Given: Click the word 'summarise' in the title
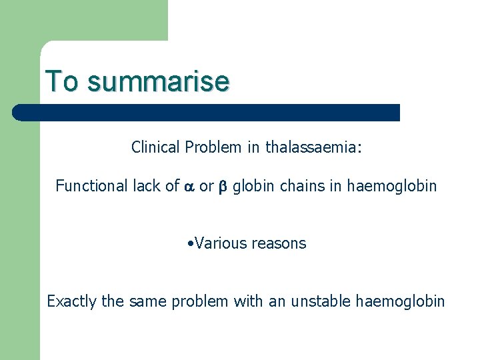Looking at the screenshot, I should coord(158,81).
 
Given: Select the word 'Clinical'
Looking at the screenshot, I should coord(156,147).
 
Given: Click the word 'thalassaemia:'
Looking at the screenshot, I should coord(313,147).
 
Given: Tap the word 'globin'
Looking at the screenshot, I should coord(254,186).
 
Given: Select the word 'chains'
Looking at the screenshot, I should coord(300,186).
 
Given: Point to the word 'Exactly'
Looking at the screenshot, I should coord(71,301).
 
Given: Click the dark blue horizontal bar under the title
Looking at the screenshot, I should coord(207,112).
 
